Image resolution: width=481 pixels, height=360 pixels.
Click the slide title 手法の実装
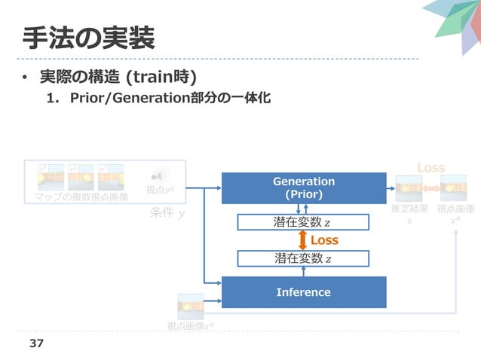89,35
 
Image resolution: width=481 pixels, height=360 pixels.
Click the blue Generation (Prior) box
303,188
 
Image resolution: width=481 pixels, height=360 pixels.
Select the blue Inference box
303,291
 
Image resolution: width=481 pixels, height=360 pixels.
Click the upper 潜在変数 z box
303,222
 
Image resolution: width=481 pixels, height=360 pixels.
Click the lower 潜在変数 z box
303,259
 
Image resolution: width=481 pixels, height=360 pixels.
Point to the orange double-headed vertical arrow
302,240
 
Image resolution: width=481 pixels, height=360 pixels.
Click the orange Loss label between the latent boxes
325,240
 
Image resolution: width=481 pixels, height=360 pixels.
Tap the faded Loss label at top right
431,167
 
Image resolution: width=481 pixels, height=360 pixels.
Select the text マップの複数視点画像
81,197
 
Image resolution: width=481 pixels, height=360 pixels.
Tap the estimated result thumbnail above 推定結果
409,187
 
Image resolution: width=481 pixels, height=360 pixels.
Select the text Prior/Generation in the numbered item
115,98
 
